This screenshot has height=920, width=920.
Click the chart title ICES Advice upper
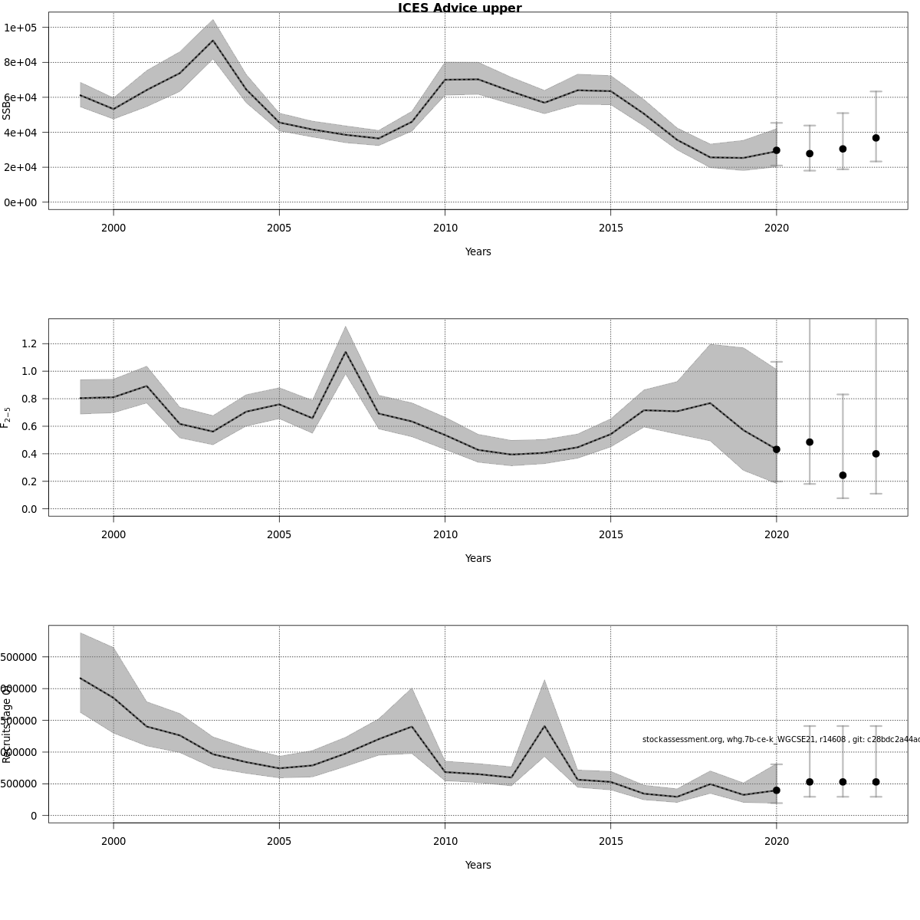tap(459, 8)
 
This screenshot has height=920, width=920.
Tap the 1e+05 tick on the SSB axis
tap(26, 28)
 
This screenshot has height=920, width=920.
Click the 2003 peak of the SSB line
tap(213, 41)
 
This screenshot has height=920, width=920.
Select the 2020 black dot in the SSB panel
tap(777, 150)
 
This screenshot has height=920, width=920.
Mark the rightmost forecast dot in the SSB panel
tap(876, 138)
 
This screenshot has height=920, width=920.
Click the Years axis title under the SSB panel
tap(478, 251)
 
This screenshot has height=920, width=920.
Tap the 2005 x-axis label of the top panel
tap(279, 228)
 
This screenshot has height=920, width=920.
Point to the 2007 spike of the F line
tap(346, 352)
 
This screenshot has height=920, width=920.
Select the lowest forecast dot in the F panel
tap(843, 475)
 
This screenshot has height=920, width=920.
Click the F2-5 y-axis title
tap(6, 417)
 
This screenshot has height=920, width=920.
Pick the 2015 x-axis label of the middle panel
tap(610, 534)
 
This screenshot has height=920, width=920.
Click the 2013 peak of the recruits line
tap(544, 726)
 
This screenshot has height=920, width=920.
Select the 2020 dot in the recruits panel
tap(777, 790)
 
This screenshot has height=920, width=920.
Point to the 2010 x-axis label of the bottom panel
tap(445, 841)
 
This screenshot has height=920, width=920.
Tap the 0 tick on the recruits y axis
tap(34, 816)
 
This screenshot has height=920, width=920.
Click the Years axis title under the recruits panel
tap(478, 865)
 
